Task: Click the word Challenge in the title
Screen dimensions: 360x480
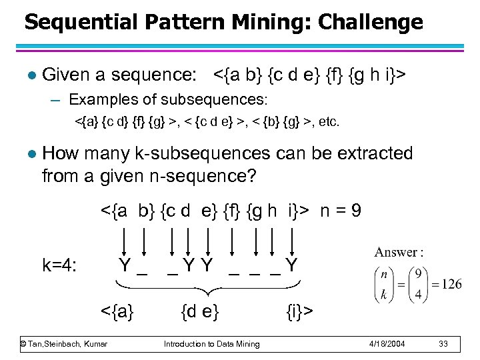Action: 370,22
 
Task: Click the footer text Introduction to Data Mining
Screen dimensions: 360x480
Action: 212,343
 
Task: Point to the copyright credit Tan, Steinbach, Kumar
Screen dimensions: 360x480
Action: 63,343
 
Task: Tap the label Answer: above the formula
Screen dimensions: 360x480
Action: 399,252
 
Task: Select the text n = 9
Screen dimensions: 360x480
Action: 341,212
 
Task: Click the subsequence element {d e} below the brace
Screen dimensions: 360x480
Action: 200,310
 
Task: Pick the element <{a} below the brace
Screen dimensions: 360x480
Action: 117,310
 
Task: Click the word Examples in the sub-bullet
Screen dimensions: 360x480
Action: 99,101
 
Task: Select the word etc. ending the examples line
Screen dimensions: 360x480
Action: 328,123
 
